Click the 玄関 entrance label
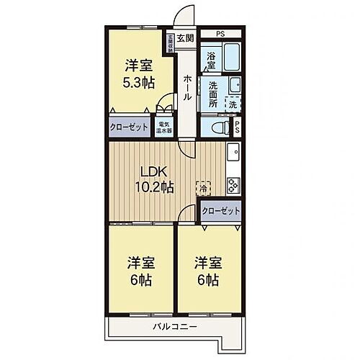[185, 38]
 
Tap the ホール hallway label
[186, 86]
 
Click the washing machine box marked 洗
[233, 104]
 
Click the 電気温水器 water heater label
[164, 128]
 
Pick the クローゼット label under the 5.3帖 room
[129, 126]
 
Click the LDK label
[153, 171]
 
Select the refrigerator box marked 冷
[203, 186]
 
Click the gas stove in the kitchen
[233, 184]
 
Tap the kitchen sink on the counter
[234, 154]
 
